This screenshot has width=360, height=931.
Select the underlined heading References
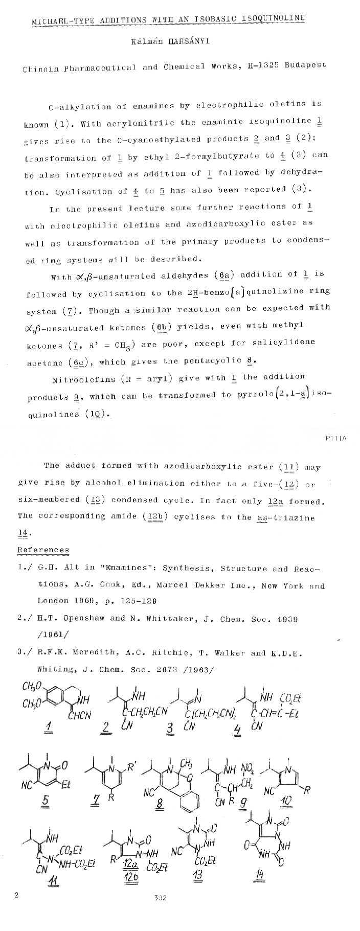(43, 550)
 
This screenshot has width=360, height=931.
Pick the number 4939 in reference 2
(287, 619)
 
